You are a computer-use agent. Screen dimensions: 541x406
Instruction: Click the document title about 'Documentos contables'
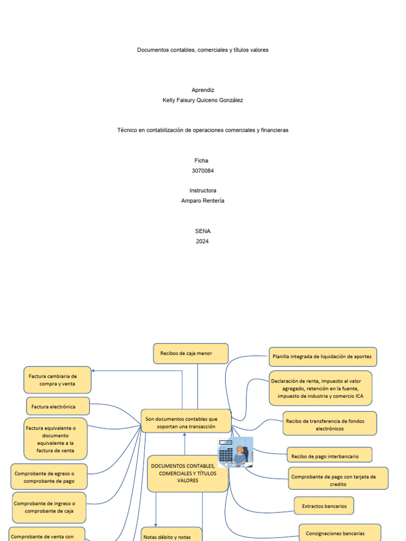coord(202,50)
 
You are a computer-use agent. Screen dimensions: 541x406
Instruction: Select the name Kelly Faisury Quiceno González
coord(202,100)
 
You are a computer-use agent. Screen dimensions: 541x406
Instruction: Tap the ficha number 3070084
coord(202,171)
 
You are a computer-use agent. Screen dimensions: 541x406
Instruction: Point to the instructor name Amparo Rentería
coord(202,200)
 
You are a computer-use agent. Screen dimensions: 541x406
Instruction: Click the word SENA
coord(202,231)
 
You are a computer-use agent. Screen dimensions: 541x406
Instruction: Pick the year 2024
coord(202,241)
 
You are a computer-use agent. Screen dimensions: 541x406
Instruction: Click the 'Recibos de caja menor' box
coord(191,353)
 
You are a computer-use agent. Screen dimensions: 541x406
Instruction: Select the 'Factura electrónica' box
coord(58,406)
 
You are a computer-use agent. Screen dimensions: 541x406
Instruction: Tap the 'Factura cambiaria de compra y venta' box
coord(58,380)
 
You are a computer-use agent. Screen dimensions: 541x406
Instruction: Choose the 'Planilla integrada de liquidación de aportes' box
coord(322,357)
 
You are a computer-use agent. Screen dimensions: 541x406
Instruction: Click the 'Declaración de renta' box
coord(320,388)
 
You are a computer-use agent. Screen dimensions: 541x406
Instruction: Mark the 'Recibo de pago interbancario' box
coord(329,455)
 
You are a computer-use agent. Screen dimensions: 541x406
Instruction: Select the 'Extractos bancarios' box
coord(324,506)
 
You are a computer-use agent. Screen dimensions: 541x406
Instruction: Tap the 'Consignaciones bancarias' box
coord(339,533)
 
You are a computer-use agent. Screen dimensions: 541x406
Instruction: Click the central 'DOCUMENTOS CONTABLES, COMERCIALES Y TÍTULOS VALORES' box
coord(188,473)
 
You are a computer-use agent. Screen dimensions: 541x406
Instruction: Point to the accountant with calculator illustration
coord(235,453)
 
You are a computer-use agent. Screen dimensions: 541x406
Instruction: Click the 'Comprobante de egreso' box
coord(49,477)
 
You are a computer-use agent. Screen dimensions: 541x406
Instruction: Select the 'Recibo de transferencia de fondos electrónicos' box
coord(329,424)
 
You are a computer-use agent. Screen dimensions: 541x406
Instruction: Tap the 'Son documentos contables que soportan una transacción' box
coord(186,422)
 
